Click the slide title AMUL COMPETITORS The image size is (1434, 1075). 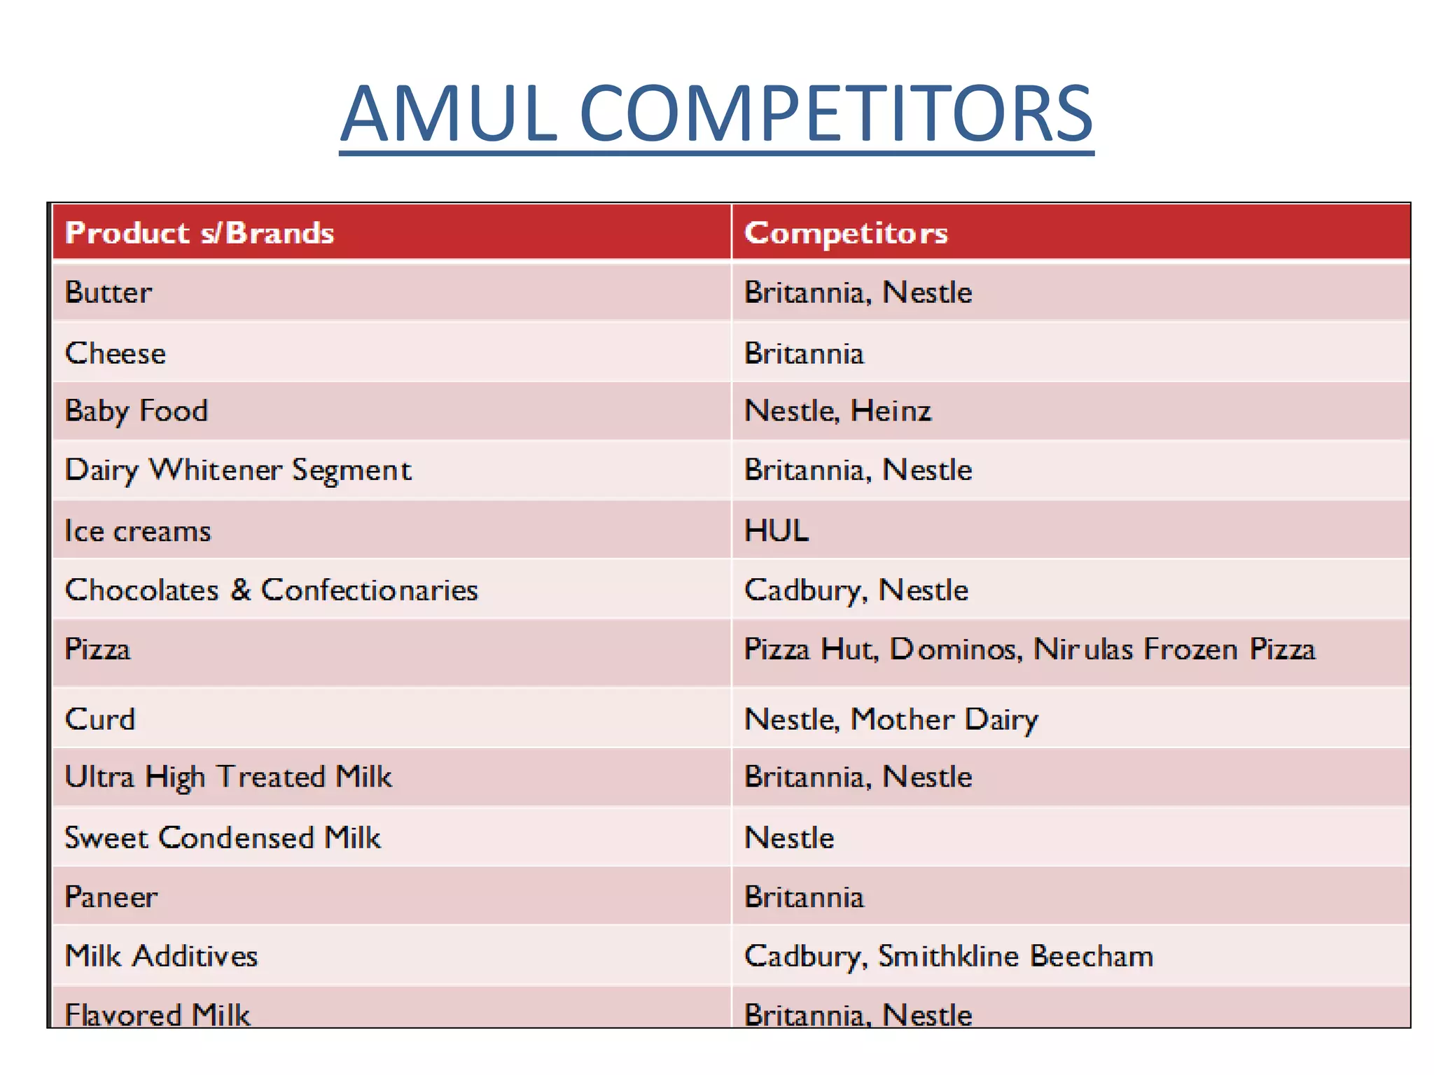click(x=716, y=113)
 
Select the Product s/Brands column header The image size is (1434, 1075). click(x=200, y=233)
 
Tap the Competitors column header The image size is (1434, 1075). click(x=846, y=233)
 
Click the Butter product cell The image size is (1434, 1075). click(x=109, y=293)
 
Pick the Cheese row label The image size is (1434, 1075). click(x=116, y=353)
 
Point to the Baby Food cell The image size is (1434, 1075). click(x=137, y=411)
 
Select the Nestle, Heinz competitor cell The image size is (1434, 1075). click(x=837, y=411)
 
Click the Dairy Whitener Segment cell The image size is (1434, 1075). click(x=238, y=470)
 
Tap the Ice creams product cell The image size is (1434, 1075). click(x=138, y=531)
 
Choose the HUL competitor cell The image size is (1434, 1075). click(x=777, y=531)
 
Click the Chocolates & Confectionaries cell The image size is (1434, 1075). click(x=272, y=591)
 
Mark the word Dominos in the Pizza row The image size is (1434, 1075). click(x=955, y=649)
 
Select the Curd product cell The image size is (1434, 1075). click(x=100, y=719)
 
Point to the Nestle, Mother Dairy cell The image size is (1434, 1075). click(x=891, y=719)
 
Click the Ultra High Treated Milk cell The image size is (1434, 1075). click(x=228, y=778)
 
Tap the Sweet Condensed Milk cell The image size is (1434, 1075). click(x=223, y=838)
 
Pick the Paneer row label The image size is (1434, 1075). click(x=111, y=897)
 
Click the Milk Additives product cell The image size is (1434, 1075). click(x=162, y=956)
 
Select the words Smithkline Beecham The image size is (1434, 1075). click(x=1015, y=956)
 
